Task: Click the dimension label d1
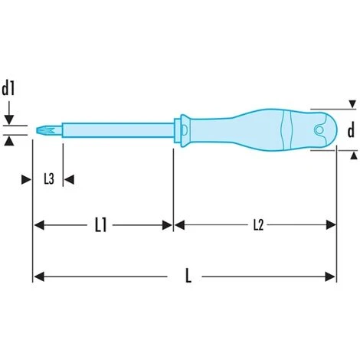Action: (x=10, y=88)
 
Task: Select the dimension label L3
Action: (x=47, y=179)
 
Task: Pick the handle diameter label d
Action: (x=350, y=131)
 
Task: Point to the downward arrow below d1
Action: (x=10, y=117)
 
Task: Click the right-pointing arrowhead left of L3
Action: (x=27, y=179)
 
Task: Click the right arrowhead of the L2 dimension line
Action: (x=332, y=225)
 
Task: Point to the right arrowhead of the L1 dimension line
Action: (x=169, y=225)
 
